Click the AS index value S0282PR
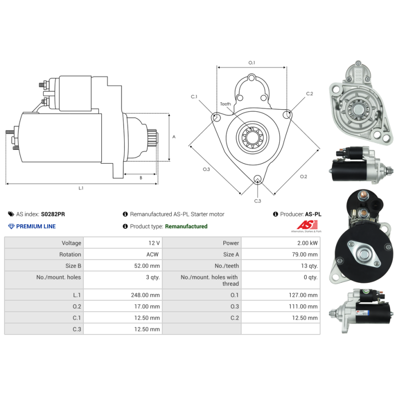tap(53, 214)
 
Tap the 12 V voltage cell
tap(154, 243)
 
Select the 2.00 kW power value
tap(307, 243)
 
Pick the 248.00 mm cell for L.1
tap(145, 295)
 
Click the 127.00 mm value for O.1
tap(303, 295)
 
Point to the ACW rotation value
tap(152, 255)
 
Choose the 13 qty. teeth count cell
tap(309, 266)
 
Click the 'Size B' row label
tap(73, 266)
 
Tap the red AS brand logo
tap(307, 225)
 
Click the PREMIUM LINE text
tap(36, 226)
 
